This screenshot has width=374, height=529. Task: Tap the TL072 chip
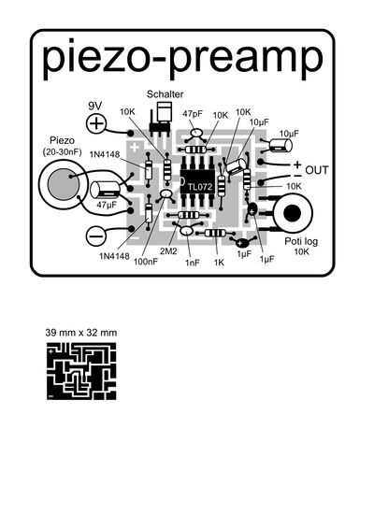197,181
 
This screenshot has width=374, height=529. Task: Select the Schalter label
165,94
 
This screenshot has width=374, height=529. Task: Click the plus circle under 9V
96,123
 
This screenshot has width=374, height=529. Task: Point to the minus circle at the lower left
96,236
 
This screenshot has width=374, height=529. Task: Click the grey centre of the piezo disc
64,184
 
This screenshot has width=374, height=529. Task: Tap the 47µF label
106,205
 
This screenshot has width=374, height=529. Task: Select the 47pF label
193,114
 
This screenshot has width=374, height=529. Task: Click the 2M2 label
168,251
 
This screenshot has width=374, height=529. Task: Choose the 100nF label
146,261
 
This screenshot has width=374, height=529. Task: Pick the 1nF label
193,263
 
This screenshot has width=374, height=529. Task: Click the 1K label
219,262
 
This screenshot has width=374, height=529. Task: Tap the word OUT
317,170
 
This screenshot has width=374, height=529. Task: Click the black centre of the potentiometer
292,213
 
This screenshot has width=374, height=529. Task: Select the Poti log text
301,241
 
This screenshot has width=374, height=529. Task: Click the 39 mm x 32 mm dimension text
81,333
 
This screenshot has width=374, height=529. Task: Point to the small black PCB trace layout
81,371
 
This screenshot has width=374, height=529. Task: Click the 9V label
94,106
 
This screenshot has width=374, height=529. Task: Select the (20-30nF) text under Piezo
62,152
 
